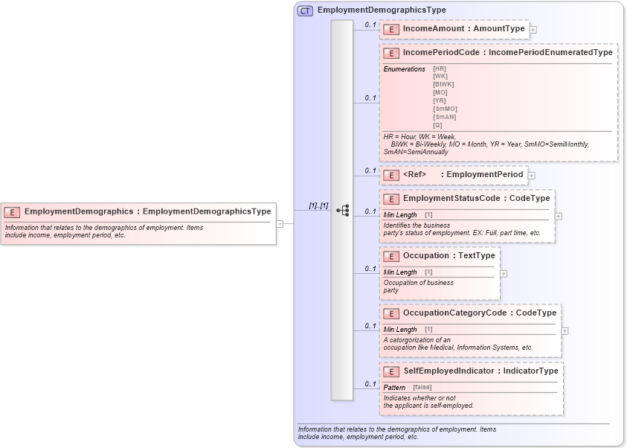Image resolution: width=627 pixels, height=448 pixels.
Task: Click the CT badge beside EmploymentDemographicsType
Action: pyautogui.click(x=305, y=10)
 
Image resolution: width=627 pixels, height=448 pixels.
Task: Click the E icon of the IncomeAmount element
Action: pyautogui.click(x=391, y=29)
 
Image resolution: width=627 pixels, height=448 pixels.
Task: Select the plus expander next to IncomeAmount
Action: pyautogui.click(x=533, y=30)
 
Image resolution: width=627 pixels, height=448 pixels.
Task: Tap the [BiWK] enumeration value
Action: pyautogui.click(x=443, y=84)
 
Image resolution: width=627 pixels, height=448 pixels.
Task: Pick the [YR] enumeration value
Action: pyautogui.click(x=440, y=100)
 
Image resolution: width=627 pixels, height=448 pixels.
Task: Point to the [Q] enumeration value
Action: pyautogui.click(x=437, y=125)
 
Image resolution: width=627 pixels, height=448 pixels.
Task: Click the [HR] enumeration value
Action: pyautogui.click(x=440, y=68)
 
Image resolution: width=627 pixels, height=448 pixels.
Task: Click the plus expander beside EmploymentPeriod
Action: pyautogui.click(x=532, y=176)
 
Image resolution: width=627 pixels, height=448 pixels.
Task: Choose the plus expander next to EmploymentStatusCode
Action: pyautogui.click(x=559, y=216)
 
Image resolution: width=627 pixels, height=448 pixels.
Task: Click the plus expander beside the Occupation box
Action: pyautogui.click(x=504, y=273)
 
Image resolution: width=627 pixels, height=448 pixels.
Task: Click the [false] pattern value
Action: pyautogui.click(x=422, y=387)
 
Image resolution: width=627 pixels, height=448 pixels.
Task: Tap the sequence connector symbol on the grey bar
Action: pyautogui.click(x=343, y=211)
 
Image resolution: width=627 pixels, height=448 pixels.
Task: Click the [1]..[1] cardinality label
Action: pyautogui.click(x=319, y=206)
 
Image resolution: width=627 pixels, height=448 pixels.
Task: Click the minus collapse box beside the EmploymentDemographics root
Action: pyautogui.click(x=280, y=223)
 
